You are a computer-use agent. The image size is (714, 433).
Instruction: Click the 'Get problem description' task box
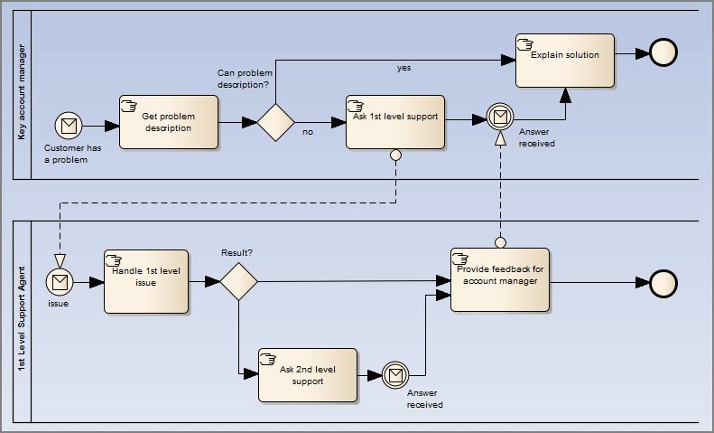coord(168,122)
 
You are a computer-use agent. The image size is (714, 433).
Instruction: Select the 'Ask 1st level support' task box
coord(395,122)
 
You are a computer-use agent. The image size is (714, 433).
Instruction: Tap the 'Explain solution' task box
coord(564,61)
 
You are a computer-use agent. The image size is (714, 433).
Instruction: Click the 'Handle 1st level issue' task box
coord(146,281)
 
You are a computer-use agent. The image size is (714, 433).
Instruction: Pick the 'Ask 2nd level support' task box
coord(307,375)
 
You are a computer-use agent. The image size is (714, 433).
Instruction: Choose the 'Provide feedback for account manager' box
coord(499,280)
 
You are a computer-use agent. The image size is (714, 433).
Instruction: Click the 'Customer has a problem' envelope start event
coord(68,124)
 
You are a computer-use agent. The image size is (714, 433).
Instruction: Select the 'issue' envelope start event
coord(60,282)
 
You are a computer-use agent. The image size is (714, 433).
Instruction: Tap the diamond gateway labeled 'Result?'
coord(238,282)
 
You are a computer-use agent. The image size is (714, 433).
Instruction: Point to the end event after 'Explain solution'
coord(663,53)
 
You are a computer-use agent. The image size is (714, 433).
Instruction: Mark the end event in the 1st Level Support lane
coord(663,283)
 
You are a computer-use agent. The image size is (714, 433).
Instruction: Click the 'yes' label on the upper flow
coord(403,68)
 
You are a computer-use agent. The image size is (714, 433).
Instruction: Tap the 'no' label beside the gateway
coord(308,132)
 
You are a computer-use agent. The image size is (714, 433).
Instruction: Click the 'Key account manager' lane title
coord(21,94)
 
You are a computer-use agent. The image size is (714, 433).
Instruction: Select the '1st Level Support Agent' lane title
coord(21,321)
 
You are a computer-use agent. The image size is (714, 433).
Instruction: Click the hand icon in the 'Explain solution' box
coord(524,42)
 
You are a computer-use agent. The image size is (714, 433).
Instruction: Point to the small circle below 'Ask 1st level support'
coord(395,155)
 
